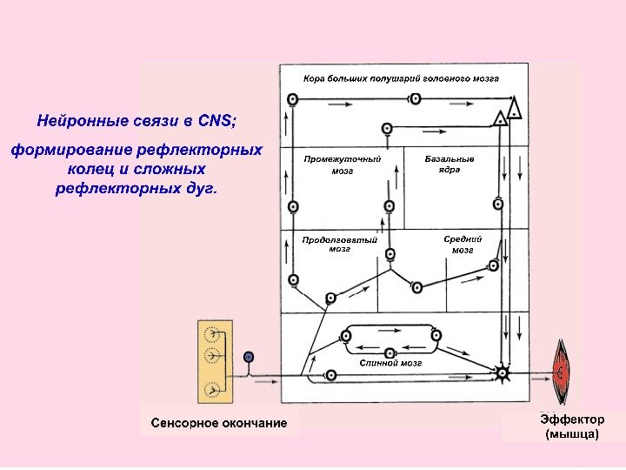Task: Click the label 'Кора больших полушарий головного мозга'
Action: tap(401, 78)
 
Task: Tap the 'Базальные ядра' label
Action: tap(450, 164)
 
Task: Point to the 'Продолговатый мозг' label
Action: tap(339, 244)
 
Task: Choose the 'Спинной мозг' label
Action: tap(390, 362)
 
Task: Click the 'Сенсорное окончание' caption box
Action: tap(218, 423)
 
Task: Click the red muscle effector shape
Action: tap(562, 372)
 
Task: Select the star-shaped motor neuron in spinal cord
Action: tap(501, 373)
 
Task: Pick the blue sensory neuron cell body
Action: tap(249, 356)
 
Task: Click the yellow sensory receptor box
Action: tap(214, 362)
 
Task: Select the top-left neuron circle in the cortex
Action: tap(293, 100)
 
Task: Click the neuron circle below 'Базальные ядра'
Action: tap(498, 204)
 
